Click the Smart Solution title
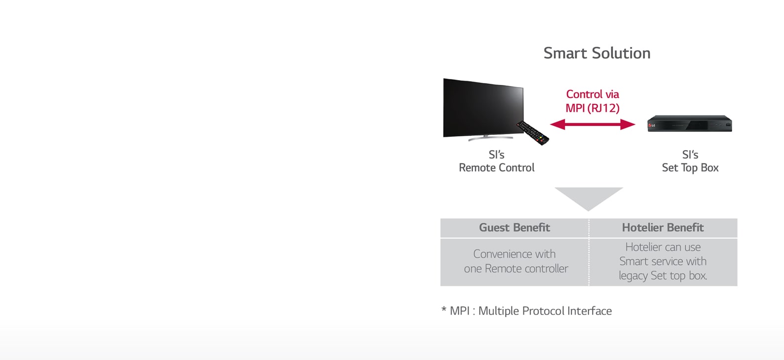click(x=596, y=53)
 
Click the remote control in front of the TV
click(x=533, y=133)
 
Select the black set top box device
click(x=690, y=123)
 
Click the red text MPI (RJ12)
click(x=592, y=108)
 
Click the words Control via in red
click(x=592, y=94)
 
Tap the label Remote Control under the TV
click(x=497, y=168)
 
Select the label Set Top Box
click(x=690, y=168)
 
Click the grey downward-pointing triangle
click(x=588, y=197)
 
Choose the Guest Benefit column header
click(x=514, y=228)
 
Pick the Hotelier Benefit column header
click(x=663, y=228)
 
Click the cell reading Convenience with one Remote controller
click(x=515, y=261)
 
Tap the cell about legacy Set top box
click(x=663, y=262)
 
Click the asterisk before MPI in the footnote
click(x=443, y=311)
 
